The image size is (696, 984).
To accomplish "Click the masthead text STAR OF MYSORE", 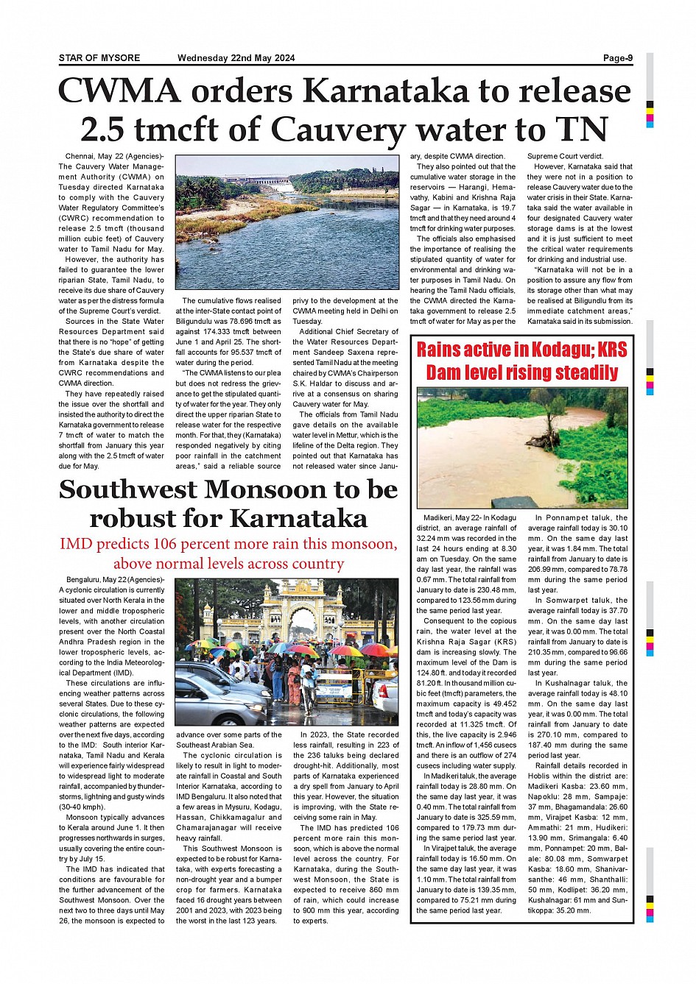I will pos(99,58).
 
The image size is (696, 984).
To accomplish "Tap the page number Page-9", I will pos(617,58).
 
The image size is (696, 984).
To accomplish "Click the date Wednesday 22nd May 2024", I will pos(236,58).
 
